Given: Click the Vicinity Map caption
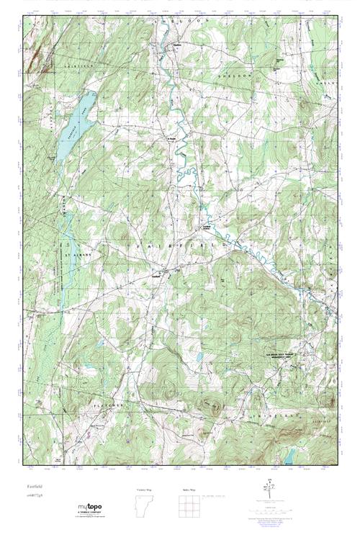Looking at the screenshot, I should [x=144, y=489].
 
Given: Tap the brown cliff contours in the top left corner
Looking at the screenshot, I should [x=32, y=61].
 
